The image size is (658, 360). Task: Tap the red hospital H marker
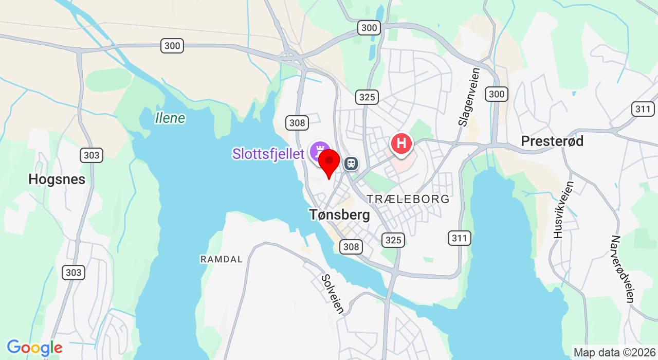pyautogui.click(x=401, y=143)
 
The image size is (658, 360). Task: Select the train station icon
pyautogui.click(x=351, y=164)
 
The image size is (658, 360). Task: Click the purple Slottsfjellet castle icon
pyautogui.click(x=320, y=152)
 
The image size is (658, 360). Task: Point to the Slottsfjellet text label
pyautogui.click(x=268, y=154)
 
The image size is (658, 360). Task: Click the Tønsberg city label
pyautogui.click(x=339, y=214)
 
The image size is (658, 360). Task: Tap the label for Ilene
pyautogui.click(x=170, y=118)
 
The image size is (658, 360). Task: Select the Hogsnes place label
pyautogui.click(x=57, y=179)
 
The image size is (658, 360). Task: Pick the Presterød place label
pyautogui.click(x=552, y=141)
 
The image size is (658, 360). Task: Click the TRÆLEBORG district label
pyautogui.click(x=408, y=199)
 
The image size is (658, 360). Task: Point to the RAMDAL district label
pyautogui.click(x=221, y=259)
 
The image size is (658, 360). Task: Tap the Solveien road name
pyautogui.click(x=333, y=293)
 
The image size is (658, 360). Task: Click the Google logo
pyautogui.click(x=34, y=348)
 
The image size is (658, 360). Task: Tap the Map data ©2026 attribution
pyautogui.click(x=614, y=352)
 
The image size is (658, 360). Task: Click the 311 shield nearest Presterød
pyautogui.click(x=643, y=109)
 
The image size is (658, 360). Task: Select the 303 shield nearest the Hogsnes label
pyautogui.click(x=92, y=155)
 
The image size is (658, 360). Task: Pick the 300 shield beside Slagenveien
pyautogui.click(x=497, y=94)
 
